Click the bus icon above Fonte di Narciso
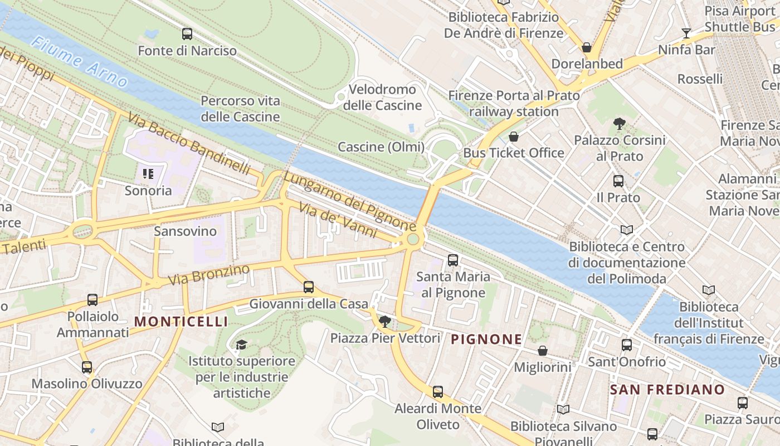coord(187,34)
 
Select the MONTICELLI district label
coord(181,322)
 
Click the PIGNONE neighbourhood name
coord(486,339)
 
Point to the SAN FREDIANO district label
coord(667,390)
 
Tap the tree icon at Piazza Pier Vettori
coord(384,321)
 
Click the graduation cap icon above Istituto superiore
coord(241,345)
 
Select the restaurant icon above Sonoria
coord(148,174)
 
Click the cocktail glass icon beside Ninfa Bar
coord(686,33)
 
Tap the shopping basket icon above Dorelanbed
coord(586,47)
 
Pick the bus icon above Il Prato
coord(618,181)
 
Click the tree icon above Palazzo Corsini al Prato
coord(619,124)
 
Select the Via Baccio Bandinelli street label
coord(189,143)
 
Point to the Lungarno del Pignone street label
coord(349,201)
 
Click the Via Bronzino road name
coord(209,275)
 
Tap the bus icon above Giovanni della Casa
coord(309,287)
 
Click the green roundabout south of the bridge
coord(413,239)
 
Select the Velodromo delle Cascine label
coord(382,97)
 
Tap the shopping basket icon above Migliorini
coord(542,351)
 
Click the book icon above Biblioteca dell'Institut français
coord(709,290)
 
